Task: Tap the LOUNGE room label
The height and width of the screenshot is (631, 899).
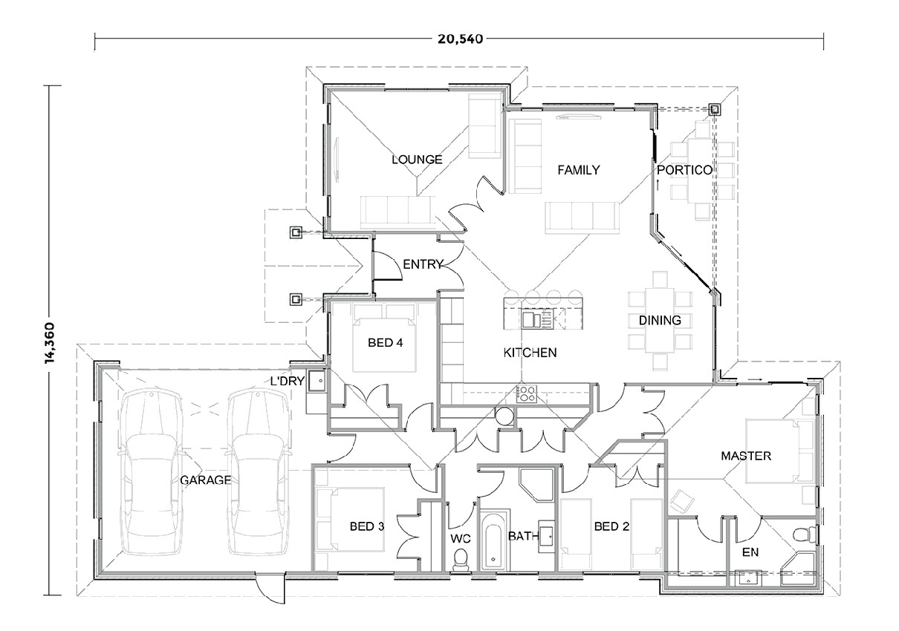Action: click(417, 160)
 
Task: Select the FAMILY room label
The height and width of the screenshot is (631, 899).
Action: click(578, 170)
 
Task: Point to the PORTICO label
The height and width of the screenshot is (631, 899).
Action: click(684, 170)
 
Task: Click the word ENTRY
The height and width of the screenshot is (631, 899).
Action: click(423, 264)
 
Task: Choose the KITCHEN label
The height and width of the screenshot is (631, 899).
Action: click(530, 352)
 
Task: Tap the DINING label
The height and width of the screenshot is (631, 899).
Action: click(660, 321)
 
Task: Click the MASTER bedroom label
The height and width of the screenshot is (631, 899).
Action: click(746, 456)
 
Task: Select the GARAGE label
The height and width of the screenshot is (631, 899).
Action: click(205, 480)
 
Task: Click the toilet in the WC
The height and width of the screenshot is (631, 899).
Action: click(461, 558)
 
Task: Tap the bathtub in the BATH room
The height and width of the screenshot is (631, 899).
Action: click(491, 540)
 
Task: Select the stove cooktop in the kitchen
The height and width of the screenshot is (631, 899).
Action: click(526, 393)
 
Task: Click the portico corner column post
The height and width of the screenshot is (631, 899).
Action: click(714, 110)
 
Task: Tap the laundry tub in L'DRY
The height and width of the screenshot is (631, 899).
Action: click(317, 382)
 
